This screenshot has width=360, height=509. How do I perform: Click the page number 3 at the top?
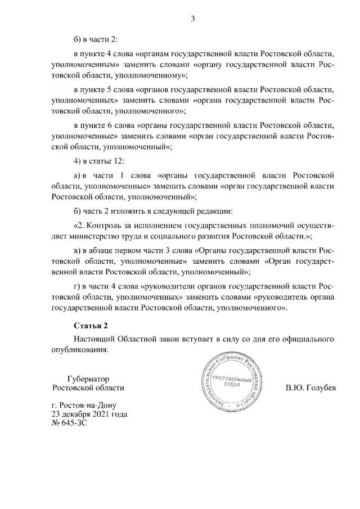pos(192,19)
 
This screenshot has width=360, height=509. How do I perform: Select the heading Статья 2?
pos(90,326)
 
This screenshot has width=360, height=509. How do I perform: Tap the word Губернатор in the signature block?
pos(88,379)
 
